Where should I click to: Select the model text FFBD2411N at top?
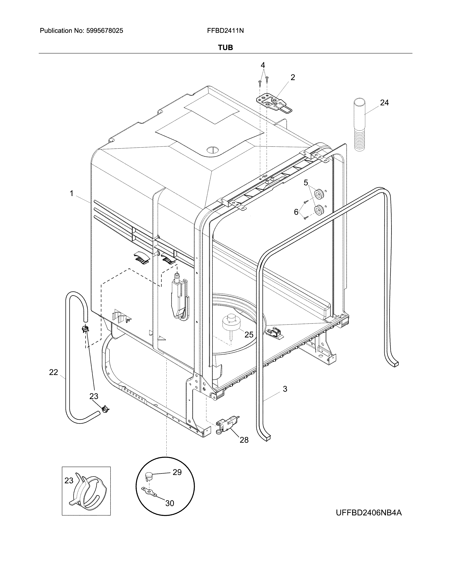(225, 31)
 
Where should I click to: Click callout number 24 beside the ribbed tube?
(384, 102)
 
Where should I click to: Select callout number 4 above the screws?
(263, 65)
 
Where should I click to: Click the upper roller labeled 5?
(319, 193)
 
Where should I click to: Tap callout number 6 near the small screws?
(296, 212)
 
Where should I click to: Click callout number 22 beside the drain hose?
(53, 372)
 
